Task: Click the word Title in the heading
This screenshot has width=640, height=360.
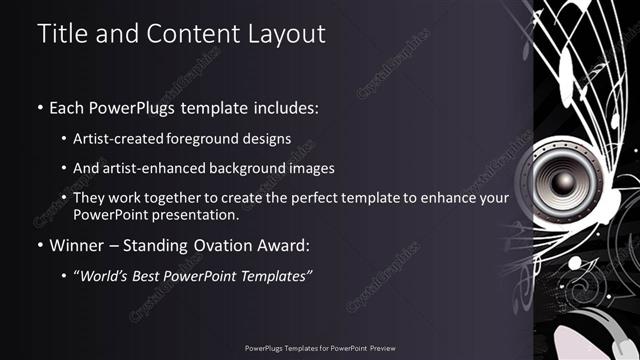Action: [x=61, y=33]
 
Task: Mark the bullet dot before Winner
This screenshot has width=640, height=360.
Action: [x=40, y=245]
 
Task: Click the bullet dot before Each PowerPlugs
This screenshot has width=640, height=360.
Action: [x=40, y=107]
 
